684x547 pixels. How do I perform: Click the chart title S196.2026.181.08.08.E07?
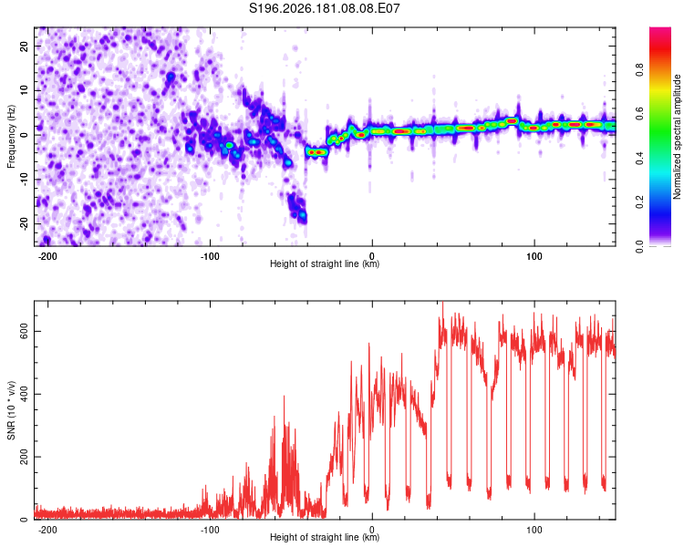tap(324, 8)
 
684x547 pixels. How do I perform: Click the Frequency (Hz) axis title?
tap(11, 137)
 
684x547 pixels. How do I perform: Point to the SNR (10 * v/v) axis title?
tap(11, 410)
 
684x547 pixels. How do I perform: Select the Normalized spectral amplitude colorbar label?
tap(677, 137)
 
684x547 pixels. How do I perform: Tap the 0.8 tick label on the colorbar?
tap(639, 70)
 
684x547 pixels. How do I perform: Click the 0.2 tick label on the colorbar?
tap(639, 202)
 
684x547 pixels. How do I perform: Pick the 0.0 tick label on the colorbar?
tap(639, 246)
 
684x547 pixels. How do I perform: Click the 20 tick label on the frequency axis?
tap(24, 46)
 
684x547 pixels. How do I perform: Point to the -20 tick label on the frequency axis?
tap(24, 223)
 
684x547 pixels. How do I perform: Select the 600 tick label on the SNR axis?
tap(24, 332)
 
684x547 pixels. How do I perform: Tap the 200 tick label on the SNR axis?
tap(24, 457)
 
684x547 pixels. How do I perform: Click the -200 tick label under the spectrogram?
tap(47, 256)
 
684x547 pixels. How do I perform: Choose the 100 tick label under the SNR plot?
tap(534, 530)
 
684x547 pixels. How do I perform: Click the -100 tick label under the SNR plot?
tap(210, 530)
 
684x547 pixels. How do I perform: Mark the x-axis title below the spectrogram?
tap(325, 263)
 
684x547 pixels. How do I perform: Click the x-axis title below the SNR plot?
tap(325, 537)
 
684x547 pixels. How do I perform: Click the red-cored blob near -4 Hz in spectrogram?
tap(316, 152)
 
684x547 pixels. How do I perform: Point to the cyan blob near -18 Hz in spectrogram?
tap(302, 215)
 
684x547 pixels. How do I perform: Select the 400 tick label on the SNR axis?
tap(24, 395)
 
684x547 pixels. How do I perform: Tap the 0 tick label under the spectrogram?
tap(372, 256)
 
